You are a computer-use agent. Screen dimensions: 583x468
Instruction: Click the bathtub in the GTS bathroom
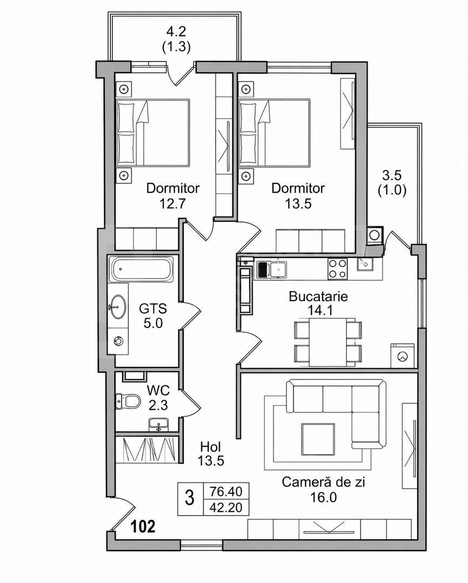point(142,268)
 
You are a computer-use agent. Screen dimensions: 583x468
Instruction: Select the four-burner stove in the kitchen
point(338,268)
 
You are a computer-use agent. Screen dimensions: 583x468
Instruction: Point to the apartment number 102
point(144,526)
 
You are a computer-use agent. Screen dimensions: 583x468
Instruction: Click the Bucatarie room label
point(318,296)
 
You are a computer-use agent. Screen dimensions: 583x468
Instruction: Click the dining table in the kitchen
point(327,341)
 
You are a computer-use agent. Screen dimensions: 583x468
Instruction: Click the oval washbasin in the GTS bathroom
point(117,308)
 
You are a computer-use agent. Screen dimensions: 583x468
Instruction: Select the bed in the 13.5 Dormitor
point(276,133)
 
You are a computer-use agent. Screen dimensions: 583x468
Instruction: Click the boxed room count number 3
point(189,498)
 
